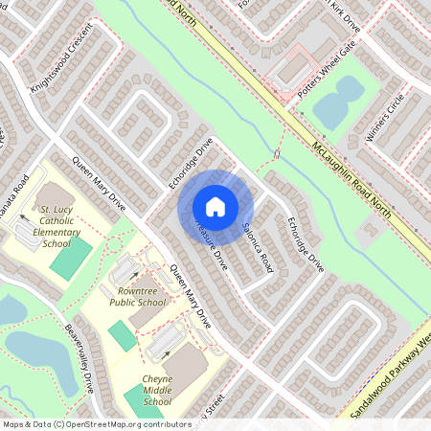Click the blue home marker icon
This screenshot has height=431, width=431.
click(215, 206)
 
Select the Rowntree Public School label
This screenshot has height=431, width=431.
click(141, 295)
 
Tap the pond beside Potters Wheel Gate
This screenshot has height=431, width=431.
click(337, 102)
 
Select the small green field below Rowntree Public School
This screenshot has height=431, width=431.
click(122, 336)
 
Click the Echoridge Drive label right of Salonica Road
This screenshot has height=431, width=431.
click(305, 244)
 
